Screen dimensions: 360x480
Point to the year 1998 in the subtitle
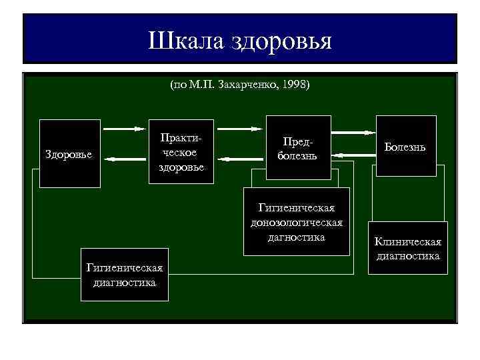pyautogui.click(x=295, y=85)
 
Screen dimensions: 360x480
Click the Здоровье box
pyautogui.click(x=69, y=154)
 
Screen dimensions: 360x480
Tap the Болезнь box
pyautogui.click(x=405, y=146)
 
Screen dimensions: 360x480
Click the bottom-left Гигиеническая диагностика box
pyautogui.click(x=124, y=275)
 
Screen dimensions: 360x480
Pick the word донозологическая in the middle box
pyautogui.click(x=297, y=224)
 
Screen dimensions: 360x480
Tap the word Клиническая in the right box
pyautogui.click(x=407, y=243)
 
